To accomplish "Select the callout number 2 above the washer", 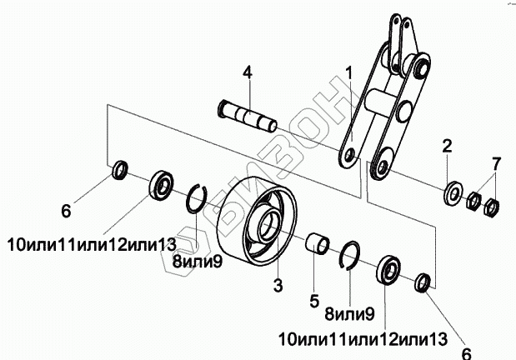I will point(447,147).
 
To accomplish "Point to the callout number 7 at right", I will point(495,160).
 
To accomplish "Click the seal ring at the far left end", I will point(120,172).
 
